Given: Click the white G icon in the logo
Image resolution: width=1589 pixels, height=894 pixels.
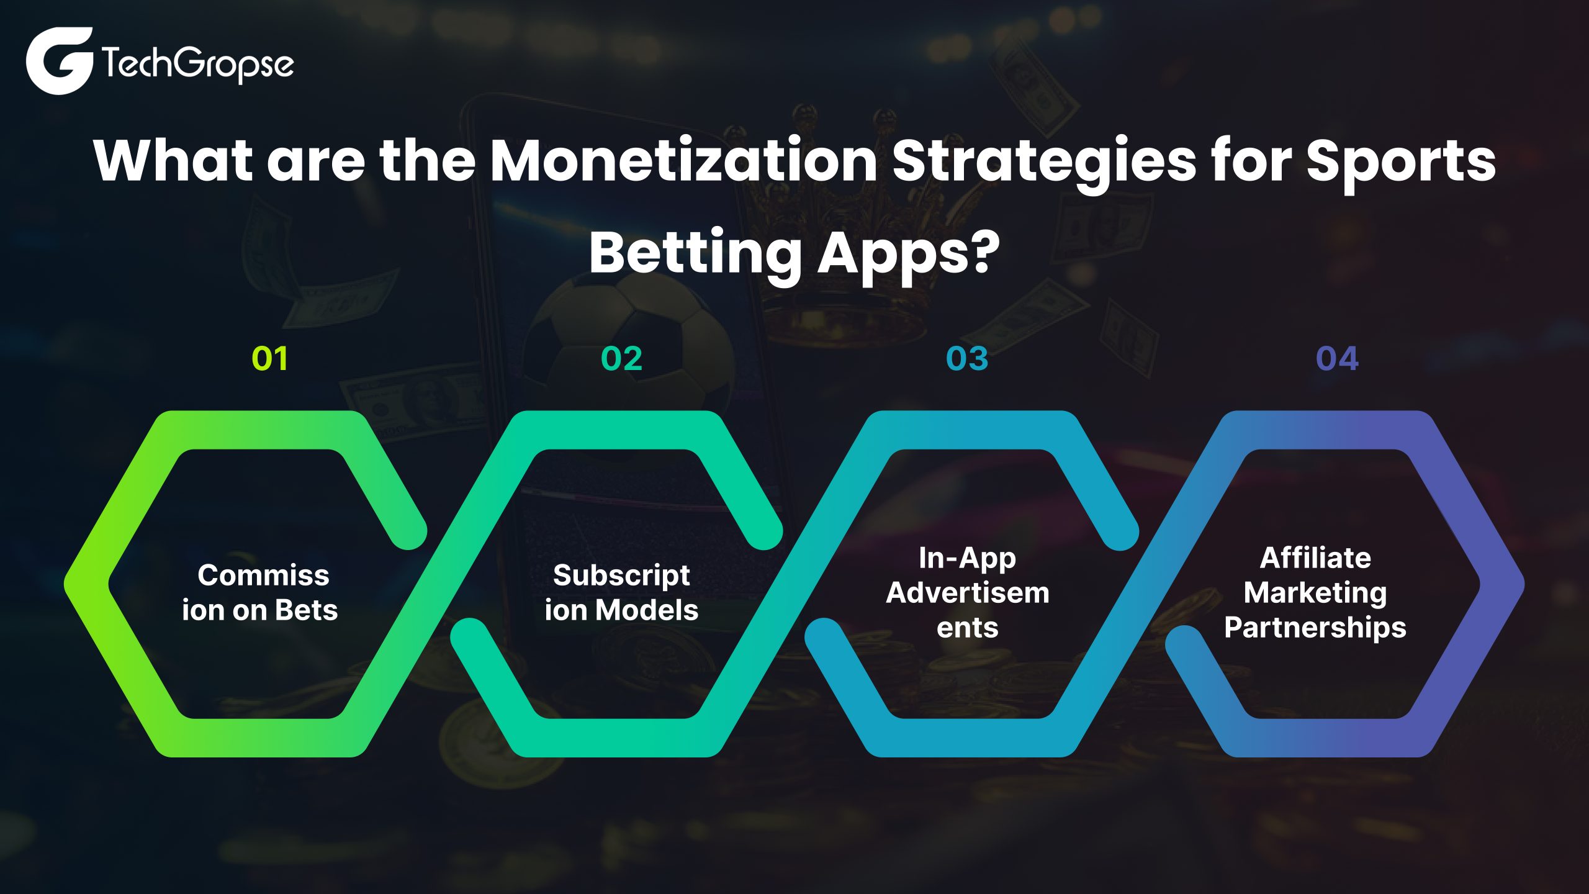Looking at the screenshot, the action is tap(60, 61).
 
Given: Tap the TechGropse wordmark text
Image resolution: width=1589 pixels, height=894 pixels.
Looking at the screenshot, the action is tap(197, 64).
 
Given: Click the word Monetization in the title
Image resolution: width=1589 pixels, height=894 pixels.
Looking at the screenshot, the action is tap(683, 160).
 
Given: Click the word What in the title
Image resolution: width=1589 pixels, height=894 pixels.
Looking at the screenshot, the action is tap(173, 160).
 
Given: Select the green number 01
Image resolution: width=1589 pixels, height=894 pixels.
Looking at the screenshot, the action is tap(270, 359).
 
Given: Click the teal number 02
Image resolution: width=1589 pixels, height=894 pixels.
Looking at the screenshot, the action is tap(622, 359).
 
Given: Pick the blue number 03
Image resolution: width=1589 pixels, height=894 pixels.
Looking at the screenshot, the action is tap(967, 359).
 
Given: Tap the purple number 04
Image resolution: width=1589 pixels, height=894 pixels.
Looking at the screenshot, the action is tap(1338, 359).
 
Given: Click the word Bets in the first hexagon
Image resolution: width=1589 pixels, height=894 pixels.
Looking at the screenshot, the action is tap(307, 610).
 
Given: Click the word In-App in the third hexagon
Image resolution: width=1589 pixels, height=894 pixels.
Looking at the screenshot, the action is tap(968, 559).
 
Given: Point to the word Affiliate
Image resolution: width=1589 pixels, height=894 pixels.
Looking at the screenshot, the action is tap(1315, 558).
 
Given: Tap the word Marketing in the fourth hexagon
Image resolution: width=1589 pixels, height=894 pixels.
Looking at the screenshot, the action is tap(1315, 594).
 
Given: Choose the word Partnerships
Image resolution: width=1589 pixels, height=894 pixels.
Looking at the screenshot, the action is tap(1315, 628).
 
